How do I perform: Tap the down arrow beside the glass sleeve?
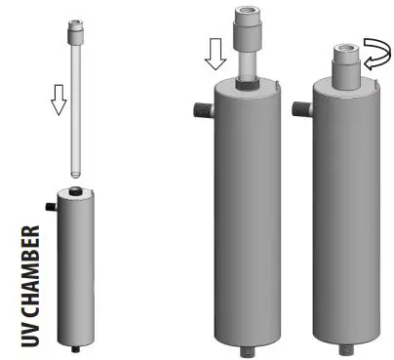click(x=59, y=98)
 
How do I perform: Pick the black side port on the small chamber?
click(x=48, y=207)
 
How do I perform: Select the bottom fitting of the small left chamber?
click(x=74, y=348)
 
